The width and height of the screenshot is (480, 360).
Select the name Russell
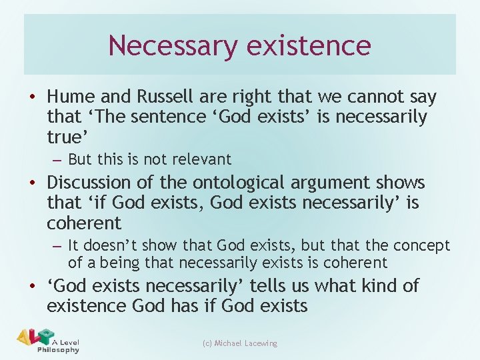[164, 97]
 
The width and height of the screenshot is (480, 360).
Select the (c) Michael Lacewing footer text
[239, 343]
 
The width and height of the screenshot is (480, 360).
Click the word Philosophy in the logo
[58, 349]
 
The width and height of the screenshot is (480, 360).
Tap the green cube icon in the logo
[45, 335]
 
